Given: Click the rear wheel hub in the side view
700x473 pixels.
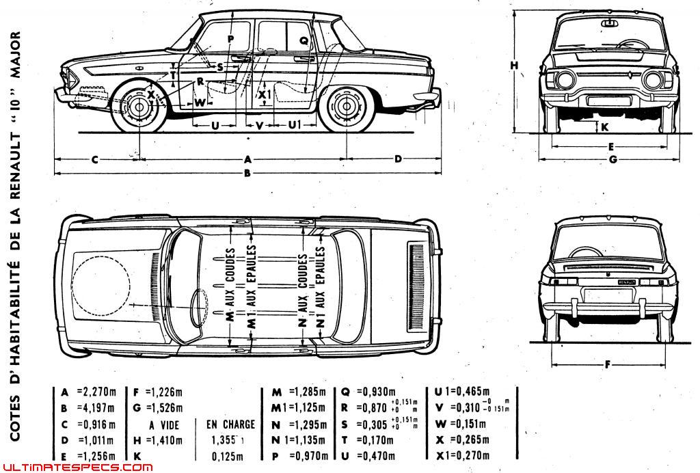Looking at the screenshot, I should pos(347,107).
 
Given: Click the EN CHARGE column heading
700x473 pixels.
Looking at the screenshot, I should pos(230,424).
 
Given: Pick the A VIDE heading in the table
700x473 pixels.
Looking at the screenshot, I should pos(164,424).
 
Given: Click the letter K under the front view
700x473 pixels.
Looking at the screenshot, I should pos(604,126).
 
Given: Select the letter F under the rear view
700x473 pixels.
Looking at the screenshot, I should pos(606,364).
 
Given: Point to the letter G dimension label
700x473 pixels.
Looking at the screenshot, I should pos(612,159).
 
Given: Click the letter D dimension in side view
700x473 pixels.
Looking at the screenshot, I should pos(398,159).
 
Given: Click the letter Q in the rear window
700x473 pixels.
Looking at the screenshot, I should pos(304,41).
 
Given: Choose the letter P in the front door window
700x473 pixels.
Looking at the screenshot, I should pos(230,38).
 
